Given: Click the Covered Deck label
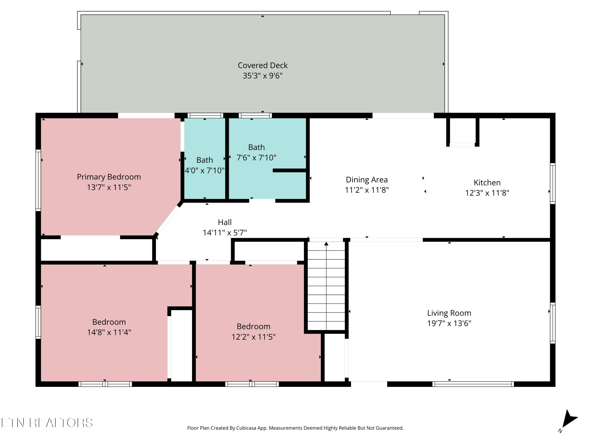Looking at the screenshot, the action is [263, 65].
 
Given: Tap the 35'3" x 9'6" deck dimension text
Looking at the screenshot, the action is [263, 76].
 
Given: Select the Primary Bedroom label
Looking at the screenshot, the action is [109, 177].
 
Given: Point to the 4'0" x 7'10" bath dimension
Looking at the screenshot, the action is [205, 170].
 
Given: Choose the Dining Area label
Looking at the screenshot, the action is [367, 180].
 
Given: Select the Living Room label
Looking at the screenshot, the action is [449, 313].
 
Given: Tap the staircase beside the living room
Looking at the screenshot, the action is [326, 286].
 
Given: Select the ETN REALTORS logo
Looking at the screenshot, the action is [47, 423].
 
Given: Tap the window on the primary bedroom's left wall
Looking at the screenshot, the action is [38, 180].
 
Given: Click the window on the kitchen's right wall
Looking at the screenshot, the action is [553, 184].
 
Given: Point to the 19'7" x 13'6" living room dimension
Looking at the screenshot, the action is [449, 323].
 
